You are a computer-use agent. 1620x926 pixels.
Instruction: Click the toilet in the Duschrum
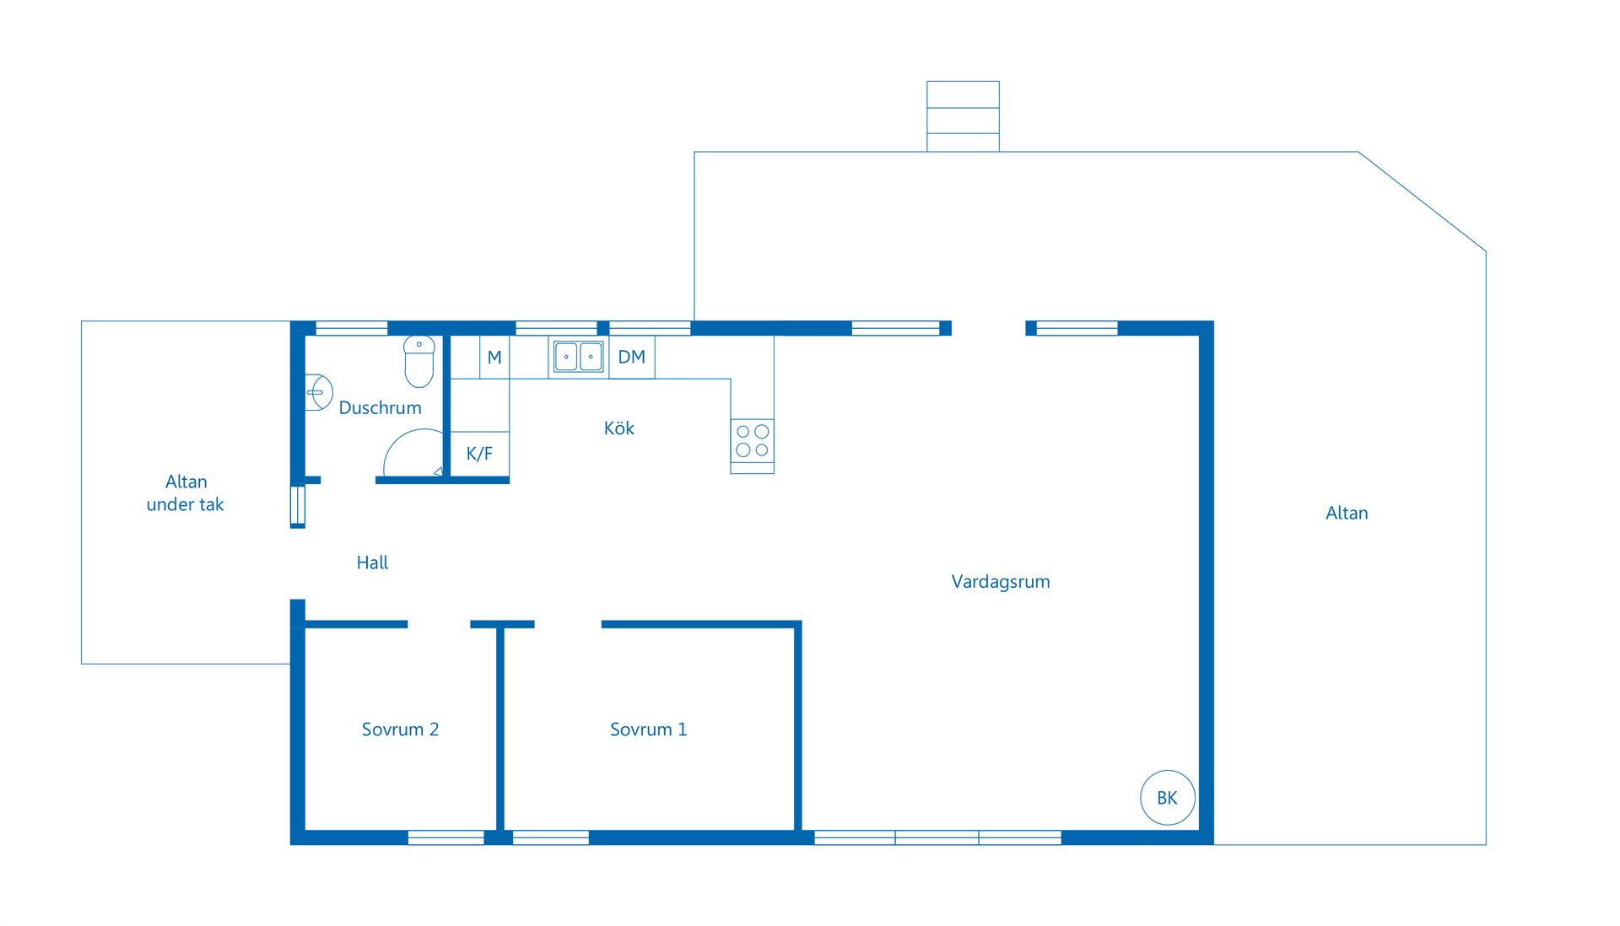tap(419, 361)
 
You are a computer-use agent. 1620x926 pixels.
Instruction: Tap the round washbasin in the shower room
tap(318, 392)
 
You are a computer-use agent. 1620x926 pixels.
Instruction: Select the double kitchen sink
tap(578, 357)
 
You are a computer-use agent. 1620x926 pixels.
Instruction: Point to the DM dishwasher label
tap(632, 357)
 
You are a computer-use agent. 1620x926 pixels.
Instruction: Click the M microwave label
tap(494, 358)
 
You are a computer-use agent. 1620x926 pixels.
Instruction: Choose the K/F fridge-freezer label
tap(479, 454)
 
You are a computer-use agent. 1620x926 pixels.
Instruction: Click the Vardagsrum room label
tap(1001, 582)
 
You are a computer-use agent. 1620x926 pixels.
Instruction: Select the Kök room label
tap(619, 428)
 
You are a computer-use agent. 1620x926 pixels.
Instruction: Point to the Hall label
tap(372, 563)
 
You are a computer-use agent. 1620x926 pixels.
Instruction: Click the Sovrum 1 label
tap(649, 729)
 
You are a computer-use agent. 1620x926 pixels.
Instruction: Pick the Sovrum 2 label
tap(400, 729)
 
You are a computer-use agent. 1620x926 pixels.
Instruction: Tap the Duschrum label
tap(380, 408)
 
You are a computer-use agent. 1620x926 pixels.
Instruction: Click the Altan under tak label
tap(186, 493)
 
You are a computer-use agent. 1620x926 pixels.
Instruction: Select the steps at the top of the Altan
tap(963, 116)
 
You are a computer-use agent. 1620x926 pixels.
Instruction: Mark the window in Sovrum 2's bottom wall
tap(445, 837)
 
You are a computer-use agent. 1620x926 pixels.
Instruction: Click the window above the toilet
tap(351, 328)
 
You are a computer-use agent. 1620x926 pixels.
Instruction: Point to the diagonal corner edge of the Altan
tap(1423, 202)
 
